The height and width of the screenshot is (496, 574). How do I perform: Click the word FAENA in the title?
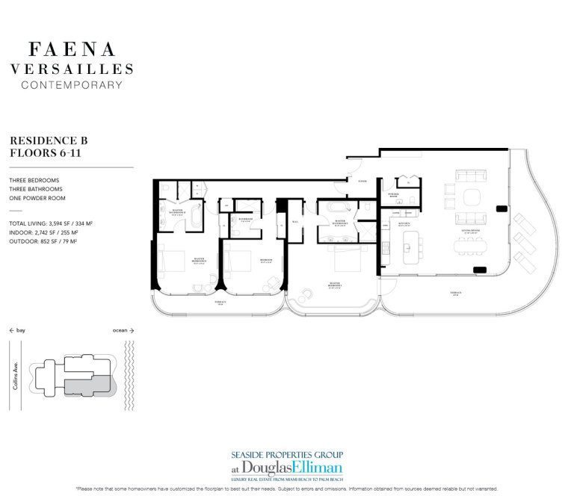pyautogui.click(x=72, y=50)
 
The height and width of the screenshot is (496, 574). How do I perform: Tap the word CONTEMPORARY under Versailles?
pyautogui.click(x=72, y=85)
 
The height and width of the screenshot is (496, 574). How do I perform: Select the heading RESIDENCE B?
pyautogui.click(x=43, y=140)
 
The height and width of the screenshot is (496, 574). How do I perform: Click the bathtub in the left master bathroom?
pyautogui.click(x=196, y=219)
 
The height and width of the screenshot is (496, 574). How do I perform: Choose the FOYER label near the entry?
pyautogui.click(x=362, y=182)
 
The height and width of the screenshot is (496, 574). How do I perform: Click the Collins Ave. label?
pyautogui.click(x=16, y=369)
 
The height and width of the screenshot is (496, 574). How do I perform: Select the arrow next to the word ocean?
pyautogui.click(x=132, y=329)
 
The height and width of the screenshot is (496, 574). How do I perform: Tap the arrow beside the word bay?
pyautogui.click(x=12, y=329)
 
